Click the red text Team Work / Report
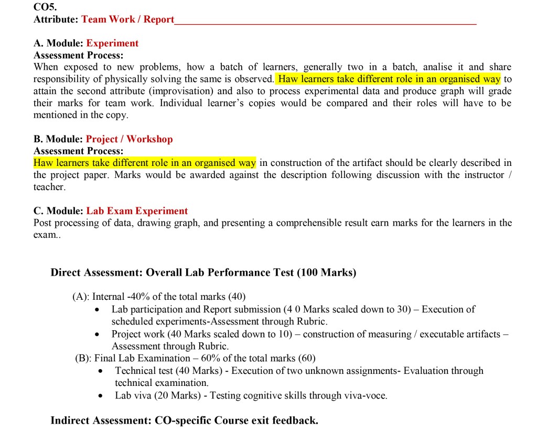128,19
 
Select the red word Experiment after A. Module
112,43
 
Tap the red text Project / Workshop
129,139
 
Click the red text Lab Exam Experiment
137,211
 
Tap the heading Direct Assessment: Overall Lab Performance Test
202,272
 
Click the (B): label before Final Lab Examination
83,359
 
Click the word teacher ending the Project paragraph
49,187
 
